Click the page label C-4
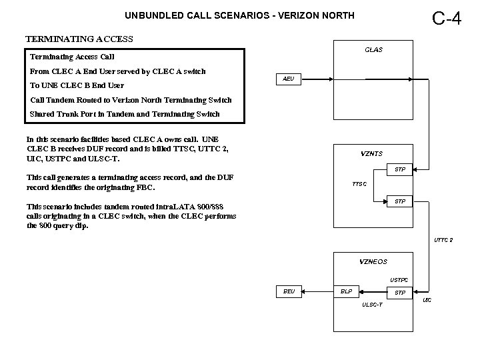point(446,18)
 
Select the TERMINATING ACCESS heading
point(79,39)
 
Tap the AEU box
point(288,79)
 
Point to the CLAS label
point(373,50)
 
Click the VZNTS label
point(371,153)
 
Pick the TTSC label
point(360,184)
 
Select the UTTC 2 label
point(443,240)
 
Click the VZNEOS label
point(373,261)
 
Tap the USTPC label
point(399,279)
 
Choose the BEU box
point(288,291)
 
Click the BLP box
point(346,291)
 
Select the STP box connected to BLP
point(400,292)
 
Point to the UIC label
point(427,300)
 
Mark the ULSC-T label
point(372,305)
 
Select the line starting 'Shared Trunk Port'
point(125,114)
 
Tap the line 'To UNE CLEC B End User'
point(77,85)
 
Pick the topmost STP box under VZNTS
point(400,169)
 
